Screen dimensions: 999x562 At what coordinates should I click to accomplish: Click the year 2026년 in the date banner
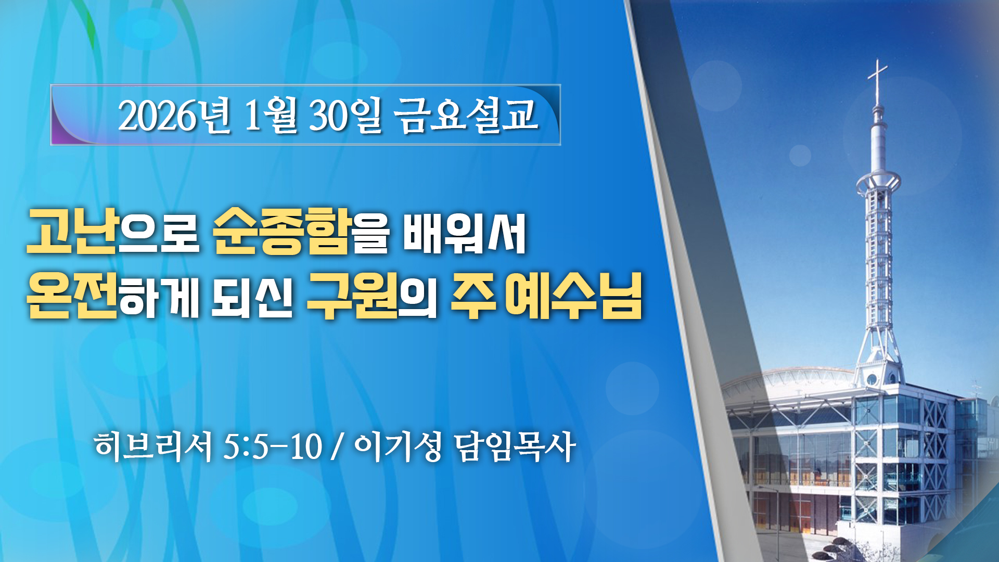tap(174, 115)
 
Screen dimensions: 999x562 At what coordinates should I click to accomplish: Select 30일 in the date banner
tap(345, 115)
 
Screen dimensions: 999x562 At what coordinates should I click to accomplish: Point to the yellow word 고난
tap(72, 232)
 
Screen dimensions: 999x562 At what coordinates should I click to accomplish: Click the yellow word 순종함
tap(281, 232)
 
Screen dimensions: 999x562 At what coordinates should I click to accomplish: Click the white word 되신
tap(252, 295)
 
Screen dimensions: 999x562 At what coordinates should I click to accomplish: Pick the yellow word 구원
tap(352, 295)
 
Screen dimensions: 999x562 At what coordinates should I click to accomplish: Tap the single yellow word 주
tap(473, 295)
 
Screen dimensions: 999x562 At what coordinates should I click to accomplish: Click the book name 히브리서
tap(153, 446)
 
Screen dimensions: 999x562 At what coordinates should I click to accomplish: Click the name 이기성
tap(398, 446)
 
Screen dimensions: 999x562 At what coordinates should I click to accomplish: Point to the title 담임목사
tap(515, 446)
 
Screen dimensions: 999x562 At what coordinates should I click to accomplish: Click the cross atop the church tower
tap(878, 81)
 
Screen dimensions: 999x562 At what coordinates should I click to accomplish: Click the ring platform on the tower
tap(878, 182)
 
